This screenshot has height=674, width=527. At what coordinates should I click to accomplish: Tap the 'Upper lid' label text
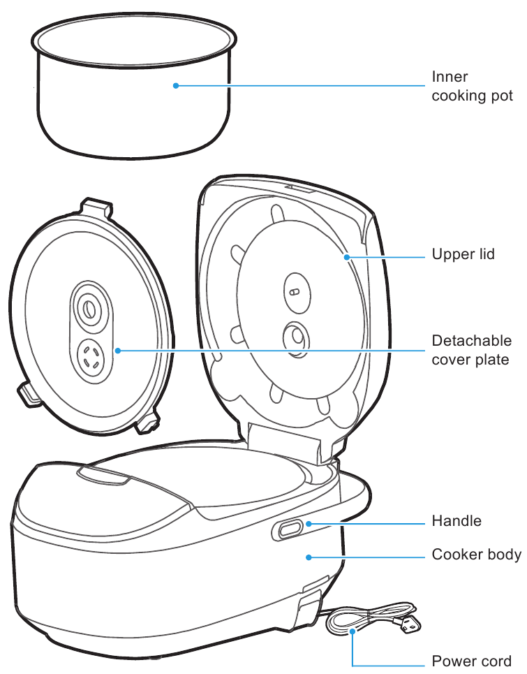pyautogui.click(x=463, y=254)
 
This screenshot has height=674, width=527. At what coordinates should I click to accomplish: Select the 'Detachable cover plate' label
pyautogui.click(x=471, y=350)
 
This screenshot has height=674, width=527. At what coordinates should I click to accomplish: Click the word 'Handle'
pyautogui.click(x=457, y=521)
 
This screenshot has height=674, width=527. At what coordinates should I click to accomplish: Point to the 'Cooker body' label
pyautogui.click(x=476, y=555)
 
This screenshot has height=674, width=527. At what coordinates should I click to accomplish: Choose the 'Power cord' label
pyautogui.click(x=471, y=661)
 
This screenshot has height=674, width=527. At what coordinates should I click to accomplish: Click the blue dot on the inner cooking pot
pyautogui.click(x=176, y=86)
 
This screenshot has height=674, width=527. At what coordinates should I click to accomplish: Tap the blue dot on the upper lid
pyautogui.click(x=346, y=256)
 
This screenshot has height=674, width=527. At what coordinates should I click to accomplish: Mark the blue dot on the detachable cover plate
pyautogui.click(x=117, y=350)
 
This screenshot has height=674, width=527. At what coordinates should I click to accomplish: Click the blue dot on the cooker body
pyautogui.click(x=309, y=557)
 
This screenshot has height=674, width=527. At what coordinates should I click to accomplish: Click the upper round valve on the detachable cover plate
pyautogui.click(x=88, y=307)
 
